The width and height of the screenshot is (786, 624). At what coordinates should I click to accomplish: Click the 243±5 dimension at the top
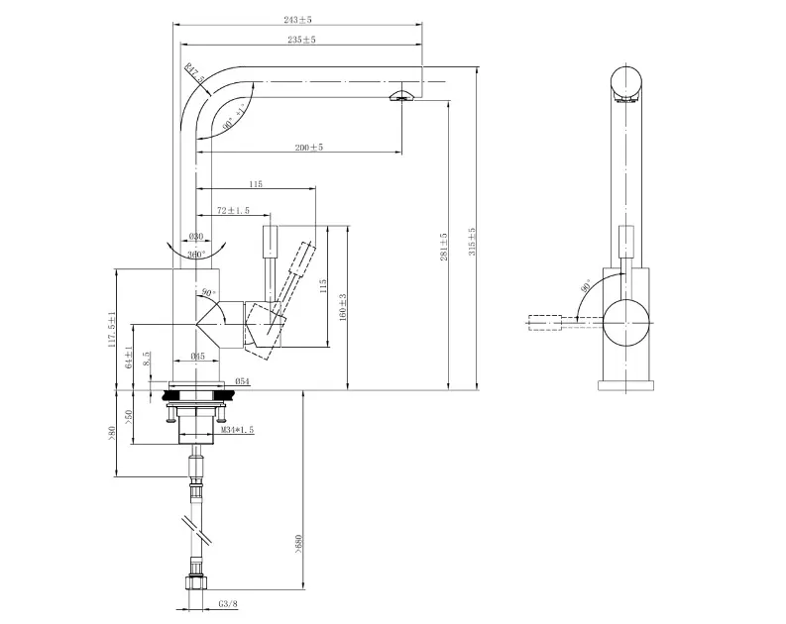tap(298, 19)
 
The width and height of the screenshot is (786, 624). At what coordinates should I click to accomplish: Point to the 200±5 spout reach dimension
tap(309, 148)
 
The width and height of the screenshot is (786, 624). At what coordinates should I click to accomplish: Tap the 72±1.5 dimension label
tap(233, 211)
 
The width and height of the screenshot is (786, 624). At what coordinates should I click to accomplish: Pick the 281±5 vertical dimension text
tap(444, 247)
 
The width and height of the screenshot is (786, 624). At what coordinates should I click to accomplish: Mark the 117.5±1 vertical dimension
tap(114, 329)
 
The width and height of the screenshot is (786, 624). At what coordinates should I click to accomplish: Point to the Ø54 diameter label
tap(241, 382)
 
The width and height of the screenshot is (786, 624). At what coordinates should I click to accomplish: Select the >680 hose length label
tap(298, 545)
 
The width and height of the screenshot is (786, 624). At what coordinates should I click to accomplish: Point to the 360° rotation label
tap(196, 255)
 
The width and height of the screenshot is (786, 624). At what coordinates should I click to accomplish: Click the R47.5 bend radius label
tap(193, 73)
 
